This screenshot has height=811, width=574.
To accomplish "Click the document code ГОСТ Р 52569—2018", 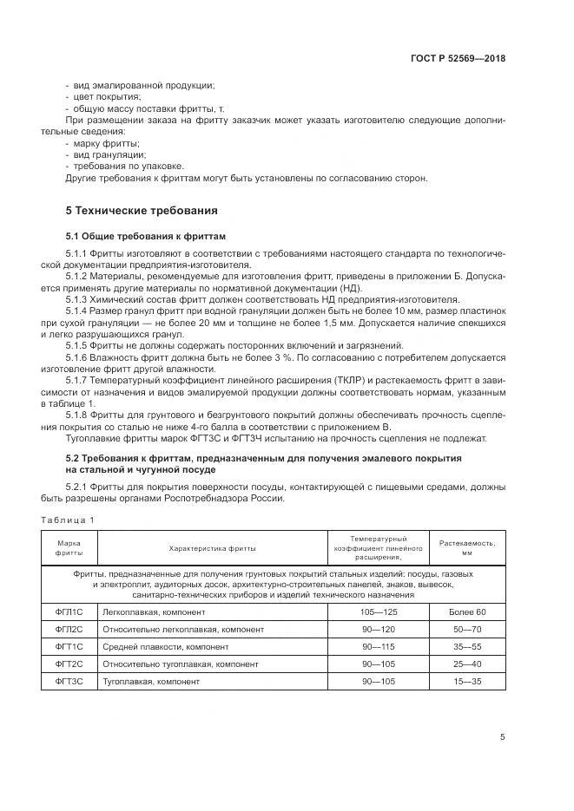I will pyautogui.click(x=458, y=59).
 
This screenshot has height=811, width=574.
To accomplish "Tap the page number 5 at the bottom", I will pyautogui.click(x=502, y=737).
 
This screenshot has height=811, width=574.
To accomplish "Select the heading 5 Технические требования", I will pyautogui.click(x=142, y=211).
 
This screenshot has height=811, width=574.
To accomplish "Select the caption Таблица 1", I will pyautogui.click(x=68, y=519).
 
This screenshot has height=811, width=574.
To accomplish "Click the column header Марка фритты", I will pyautogui.click(x=69, y=547).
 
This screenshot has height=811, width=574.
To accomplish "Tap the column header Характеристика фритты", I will pyautogui.click(x=212, y=548).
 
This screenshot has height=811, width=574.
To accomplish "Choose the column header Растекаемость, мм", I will pyautogui.click(x=467, y=547).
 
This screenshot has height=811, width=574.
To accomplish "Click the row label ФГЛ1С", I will pyautogui.click(x=69, y=612).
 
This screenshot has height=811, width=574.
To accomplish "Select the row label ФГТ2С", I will pyautogui.click(x=69, y=664).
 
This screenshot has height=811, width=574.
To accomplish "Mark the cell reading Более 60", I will pyautogui.click(x=467, y=612).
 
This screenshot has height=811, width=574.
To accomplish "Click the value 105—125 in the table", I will pyautogui.click(x=378, y=612).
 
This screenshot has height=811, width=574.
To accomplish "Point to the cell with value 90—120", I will pyautogui.click(x=378, y=629).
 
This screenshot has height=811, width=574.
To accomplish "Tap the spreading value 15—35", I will pyautogui.click(x=467, y=681).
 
